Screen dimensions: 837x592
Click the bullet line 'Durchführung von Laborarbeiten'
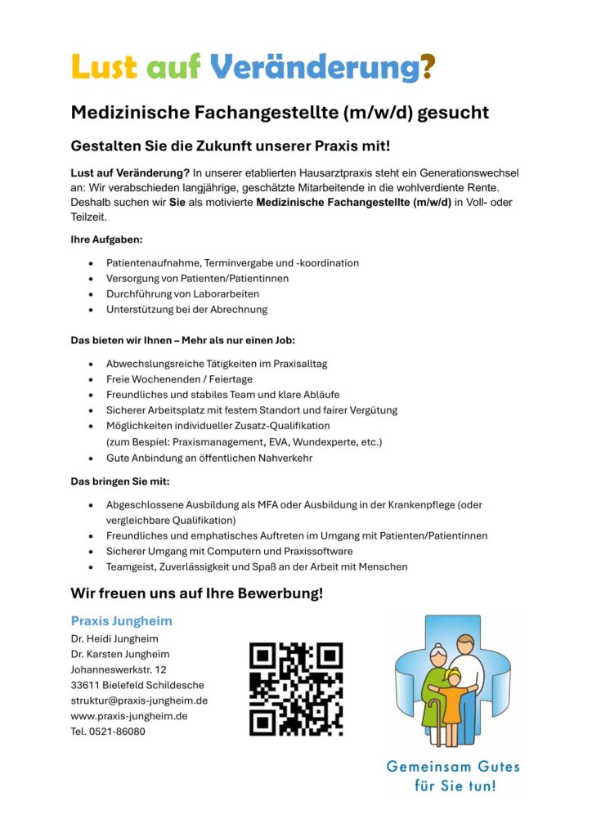tap(182, 293)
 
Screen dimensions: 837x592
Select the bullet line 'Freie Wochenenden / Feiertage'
tap(179, 379)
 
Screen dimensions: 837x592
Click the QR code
tap(296, 688)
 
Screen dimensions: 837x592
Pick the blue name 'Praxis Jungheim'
tap(122, 621)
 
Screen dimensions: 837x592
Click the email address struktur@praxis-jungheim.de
tap(139, 700)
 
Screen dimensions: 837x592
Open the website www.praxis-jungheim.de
tap(129, 716)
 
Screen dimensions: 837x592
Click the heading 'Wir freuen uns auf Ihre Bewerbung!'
tap(197, 593)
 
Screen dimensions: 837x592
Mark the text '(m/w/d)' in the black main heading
tap(374, 112)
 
